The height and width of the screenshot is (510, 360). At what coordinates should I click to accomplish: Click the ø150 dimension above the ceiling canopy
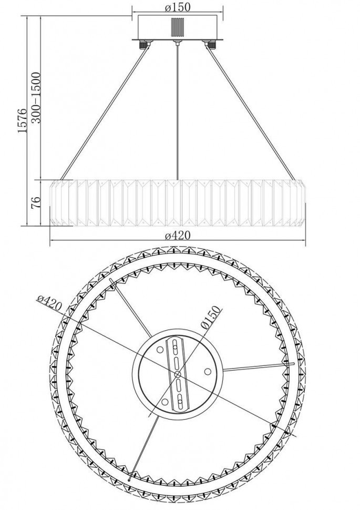pyautogui.click(x=178, y=7)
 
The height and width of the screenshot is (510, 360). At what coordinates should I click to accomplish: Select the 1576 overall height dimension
pyautogui.click(x=22, y=120)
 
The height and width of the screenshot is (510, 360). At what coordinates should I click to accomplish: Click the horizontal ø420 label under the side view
pyautogui.click(x=178, y=236)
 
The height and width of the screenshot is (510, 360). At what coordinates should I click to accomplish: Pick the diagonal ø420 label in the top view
pyautogui.click(x=49, y=303)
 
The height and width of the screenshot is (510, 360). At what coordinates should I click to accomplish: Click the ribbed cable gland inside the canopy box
pyautogui.click(x=178, y=28)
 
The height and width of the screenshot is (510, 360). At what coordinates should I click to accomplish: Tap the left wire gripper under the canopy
pyautogui.click(x=143, y=44)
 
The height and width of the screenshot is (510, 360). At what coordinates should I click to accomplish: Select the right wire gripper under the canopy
pyautogui.click(x=211, y=44)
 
